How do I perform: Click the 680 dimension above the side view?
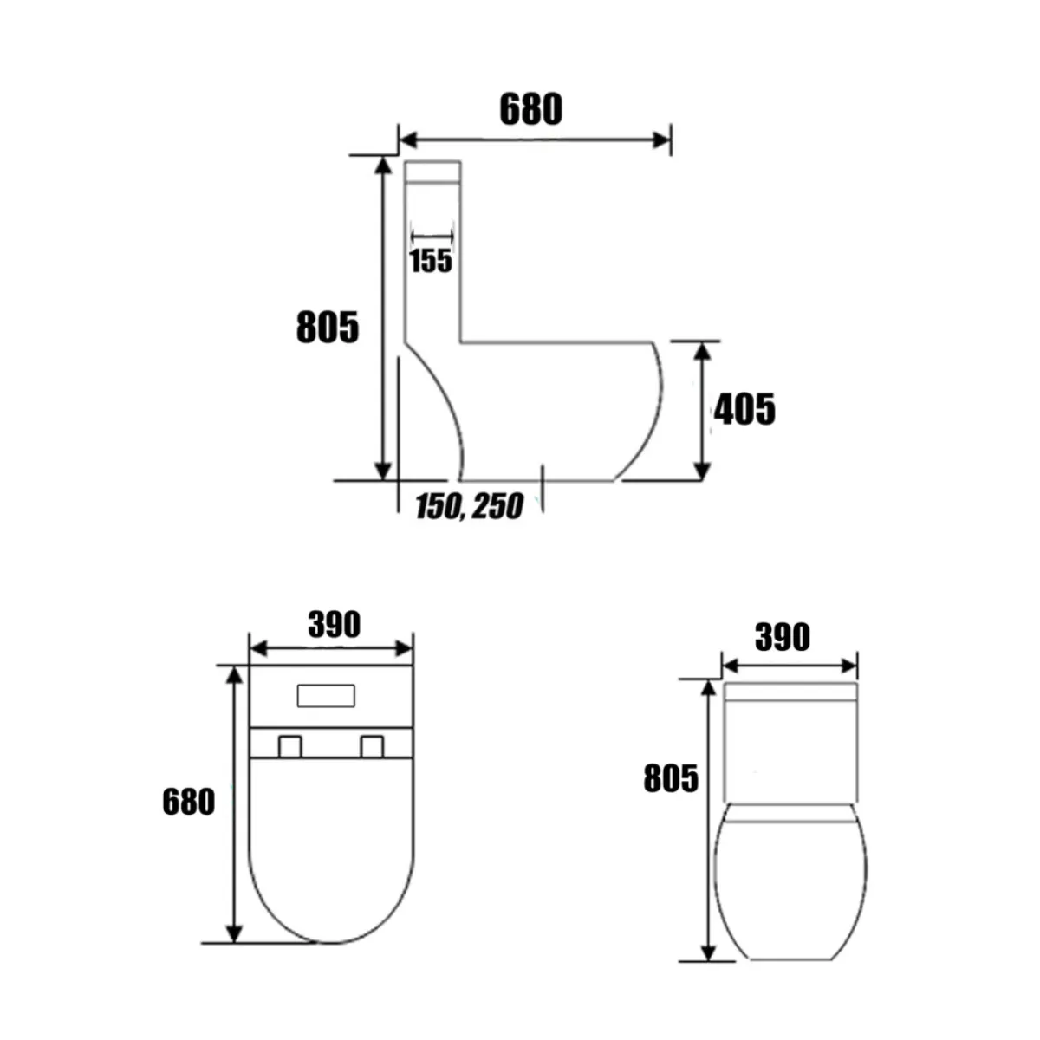[x=530, y=110]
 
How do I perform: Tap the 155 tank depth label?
[x=431, y=260]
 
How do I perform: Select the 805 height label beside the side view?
[x=327, y=328]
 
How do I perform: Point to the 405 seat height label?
[x=744, y=410]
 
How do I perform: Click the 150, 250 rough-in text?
[x=469, y=507]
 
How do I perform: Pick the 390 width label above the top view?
[x=334, y=625]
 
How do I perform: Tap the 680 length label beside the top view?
[x=188, y=803]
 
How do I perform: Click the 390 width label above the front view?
[x=782, y=638]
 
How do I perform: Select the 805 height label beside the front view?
[x=670, y=779]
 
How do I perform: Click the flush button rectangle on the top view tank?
[x=326, y=695]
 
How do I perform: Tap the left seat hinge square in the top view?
[x=289, y=746]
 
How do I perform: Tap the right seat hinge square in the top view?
[x=372, y=746]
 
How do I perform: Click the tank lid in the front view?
[x=790, y=692]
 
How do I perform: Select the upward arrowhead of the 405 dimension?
[x=702, y=350]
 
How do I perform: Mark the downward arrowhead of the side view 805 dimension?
[x=382, y=470]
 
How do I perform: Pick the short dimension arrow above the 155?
[x=432, y=235]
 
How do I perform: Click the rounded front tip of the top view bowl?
[x=332, y=940]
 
